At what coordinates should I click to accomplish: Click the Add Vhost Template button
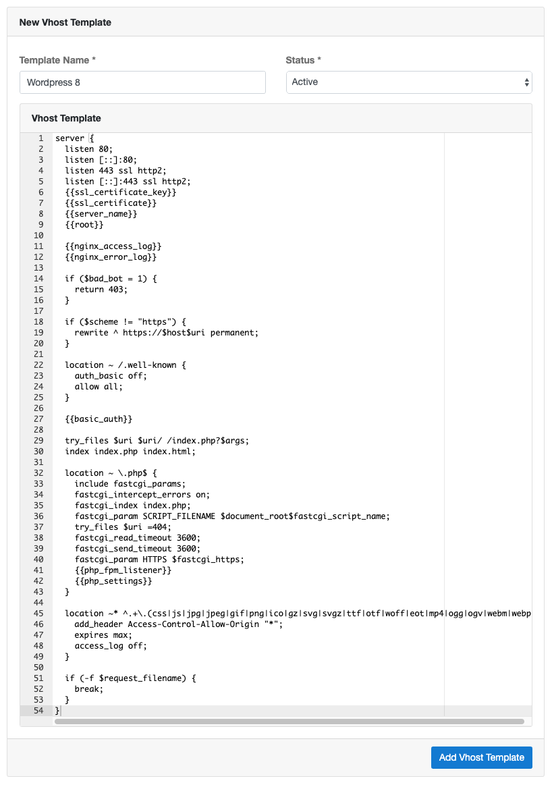481,757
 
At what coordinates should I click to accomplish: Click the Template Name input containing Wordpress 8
142,82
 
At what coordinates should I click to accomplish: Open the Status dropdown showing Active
409,82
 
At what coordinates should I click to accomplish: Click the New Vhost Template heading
65,22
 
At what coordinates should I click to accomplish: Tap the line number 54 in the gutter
38,711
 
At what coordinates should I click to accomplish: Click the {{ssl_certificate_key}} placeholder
120,192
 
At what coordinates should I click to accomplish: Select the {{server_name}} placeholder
101,214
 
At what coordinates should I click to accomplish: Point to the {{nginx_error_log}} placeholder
111,257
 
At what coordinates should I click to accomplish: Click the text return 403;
101,290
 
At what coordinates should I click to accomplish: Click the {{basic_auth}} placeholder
99,419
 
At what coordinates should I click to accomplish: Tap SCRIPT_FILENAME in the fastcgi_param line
179,516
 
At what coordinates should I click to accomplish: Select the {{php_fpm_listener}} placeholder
123,570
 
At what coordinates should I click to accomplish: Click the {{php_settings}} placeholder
113,581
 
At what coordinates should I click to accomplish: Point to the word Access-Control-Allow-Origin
194,624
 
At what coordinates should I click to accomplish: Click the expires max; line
103,635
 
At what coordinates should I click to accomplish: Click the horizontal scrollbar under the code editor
289,722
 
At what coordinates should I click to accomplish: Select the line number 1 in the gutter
41,138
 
